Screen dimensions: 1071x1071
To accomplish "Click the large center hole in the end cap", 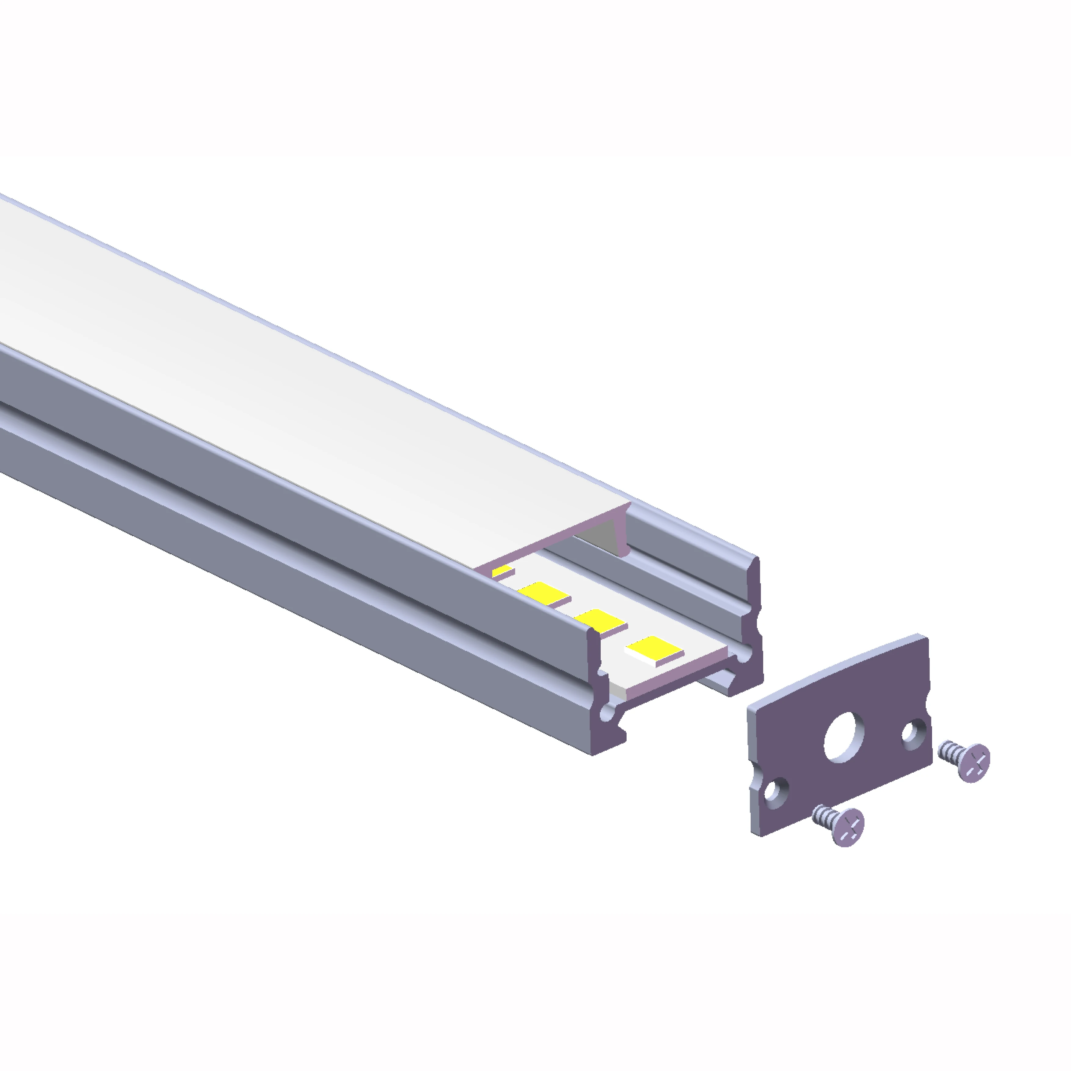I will pos(844,740).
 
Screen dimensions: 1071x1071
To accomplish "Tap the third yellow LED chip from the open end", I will pos(545,594).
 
